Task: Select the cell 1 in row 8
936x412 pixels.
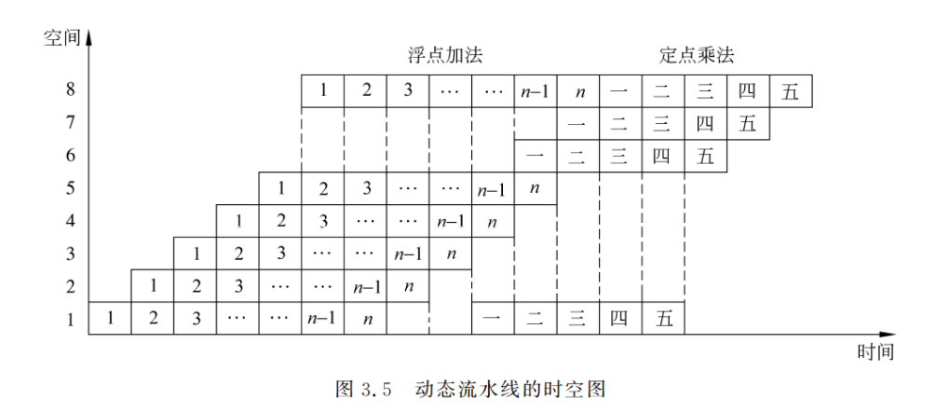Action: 322,92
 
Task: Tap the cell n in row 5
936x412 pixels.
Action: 535,188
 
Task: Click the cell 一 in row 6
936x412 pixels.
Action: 535,156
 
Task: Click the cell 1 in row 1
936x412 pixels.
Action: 110,317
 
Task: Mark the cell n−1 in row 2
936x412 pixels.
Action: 365,285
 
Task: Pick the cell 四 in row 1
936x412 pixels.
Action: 619,317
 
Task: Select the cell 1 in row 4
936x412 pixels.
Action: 237,221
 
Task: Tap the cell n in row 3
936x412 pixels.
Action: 450,253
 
